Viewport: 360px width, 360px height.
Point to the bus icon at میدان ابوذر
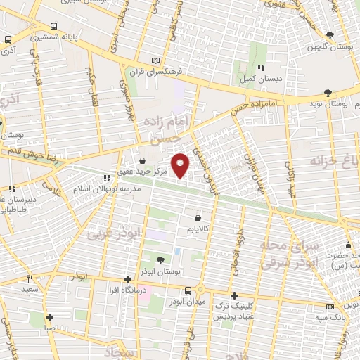[x=188, y=290]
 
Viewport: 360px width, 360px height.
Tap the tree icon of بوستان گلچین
[x=329, y=35]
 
